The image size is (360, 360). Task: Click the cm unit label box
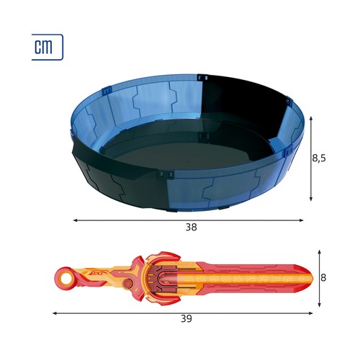pyautogui.click(x=48, y=47)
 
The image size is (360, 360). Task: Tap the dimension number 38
pyautogui.click(x=192, y=227)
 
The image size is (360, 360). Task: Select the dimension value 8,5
pyautogui.click(x=319, y=158)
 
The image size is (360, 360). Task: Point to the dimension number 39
pyautogui.click(x=186, y=319)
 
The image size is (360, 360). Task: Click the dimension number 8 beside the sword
pyautogui.click(x=323, y=278)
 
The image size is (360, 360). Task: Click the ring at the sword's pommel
pyautogui.click(x=65, y=278)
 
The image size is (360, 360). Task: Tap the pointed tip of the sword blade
pyautogui.click(x=312, y=278)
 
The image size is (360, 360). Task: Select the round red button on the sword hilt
pyautogui.click(x=127, y=284)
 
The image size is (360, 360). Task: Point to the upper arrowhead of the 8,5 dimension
pyautogui.click(x=311, y=118)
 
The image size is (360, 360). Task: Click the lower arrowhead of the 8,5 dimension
pyautogui.click(x=311, y=199)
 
